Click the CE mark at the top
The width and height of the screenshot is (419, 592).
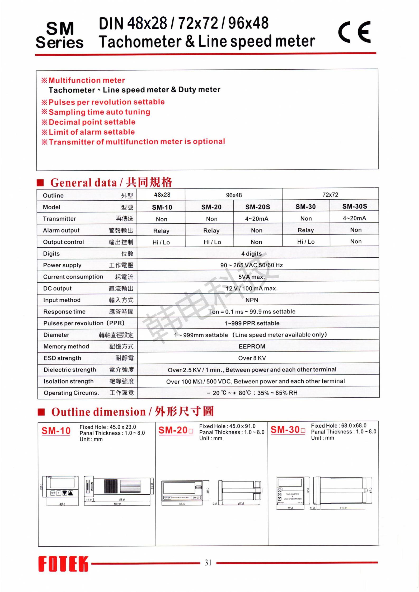click(x=355, y=32)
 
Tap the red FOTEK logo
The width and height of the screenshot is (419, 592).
click(x=63, y=564)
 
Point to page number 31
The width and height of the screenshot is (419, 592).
click(x=208, y=562)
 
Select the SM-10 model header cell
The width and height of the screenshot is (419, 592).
click(x=162, y=207)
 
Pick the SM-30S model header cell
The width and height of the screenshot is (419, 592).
click(x=354, y=206)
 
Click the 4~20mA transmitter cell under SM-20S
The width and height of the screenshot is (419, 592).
click(x=257, y=219)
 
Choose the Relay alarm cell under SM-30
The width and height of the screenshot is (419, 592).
click(x=305, y=230)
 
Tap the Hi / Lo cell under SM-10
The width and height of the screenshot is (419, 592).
click(x=161, y=242)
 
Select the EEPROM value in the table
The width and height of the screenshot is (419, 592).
click(x=252, y=346)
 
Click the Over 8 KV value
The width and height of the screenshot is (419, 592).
click(x=252, y=358)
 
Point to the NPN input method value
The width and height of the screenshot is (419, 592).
click(x=252, y=300)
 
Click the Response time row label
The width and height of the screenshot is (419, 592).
click(x=64, y=311)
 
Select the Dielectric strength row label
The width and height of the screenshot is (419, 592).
click(x=70, y=369)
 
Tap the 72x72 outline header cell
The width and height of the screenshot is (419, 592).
click(x=330, y=195)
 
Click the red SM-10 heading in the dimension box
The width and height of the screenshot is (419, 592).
click(x=56, y=431)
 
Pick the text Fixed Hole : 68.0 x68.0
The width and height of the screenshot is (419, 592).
click(x=338, y=426)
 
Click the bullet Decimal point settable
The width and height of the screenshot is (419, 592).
click(x=92, y=122)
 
